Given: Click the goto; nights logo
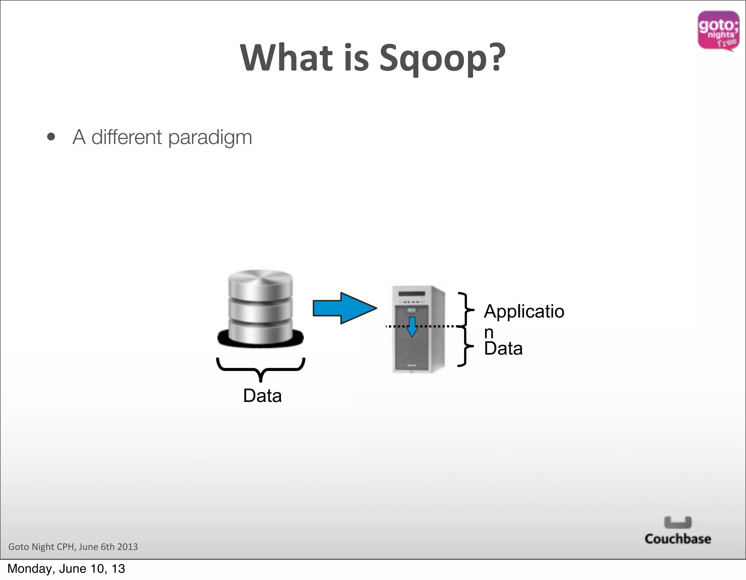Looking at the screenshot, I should (718, 31).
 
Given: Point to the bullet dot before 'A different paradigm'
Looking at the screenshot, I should (51, 137).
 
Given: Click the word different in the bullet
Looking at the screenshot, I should (126, 137).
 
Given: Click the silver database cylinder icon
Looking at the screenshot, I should (260, 308).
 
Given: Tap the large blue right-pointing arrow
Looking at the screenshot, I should (344, 308).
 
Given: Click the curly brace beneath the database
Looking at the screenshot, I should (261, 368).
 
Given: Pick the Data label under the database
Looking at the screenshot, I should (262, 396).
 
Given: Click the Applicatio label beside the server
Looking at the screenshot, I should (524, 312).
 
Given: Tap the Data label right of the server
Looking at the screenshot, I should (503, 348).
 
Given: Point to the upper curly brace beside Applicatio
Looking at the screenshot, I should (466, 309).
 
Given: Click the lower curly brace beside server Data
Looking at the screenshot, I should (466, 346).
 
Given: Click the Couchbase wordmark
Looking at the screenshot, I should (678, 539).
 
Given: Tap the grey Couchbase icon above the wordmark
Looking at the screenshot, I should (678, 522).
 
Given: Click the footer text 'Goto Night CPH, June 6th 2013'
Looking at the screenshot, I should (73, 547).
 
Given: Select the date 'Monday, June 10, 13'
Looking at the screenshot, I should (66, 569).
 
